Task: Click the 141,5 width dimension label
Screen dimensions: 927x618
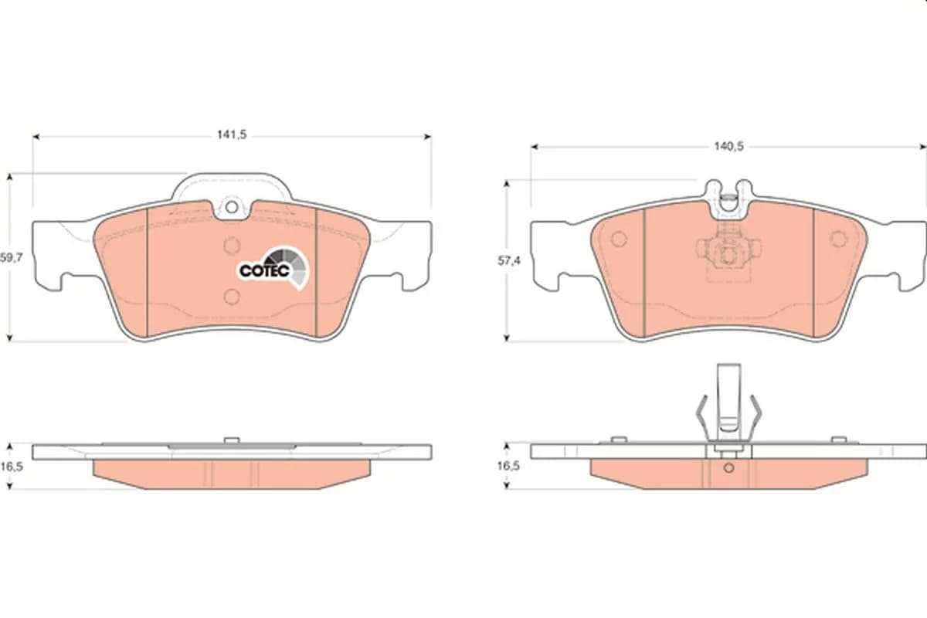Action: (232, 135)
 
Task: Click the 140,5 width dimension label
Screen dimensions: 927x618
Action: (728, 147)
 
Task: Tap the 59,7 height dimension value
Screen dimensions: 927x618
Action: (11, 258)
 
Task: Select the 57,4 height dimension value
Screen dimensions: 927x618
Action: (508, 261)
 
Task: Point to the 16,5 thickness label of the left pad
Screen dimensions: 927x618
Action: (11, 467)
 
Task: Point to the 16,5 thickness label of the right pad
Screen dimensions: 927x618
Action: (508, 466)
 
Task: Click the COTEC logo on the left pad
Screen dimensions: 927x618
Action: (274, 268)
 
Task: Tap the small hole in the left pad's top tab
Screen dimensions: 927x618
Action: (232, 206)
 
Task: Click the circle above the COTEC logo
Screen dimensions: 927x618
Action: (232, 246)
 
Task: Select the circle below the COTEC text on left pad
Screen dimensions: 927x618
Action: (232, 297)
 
